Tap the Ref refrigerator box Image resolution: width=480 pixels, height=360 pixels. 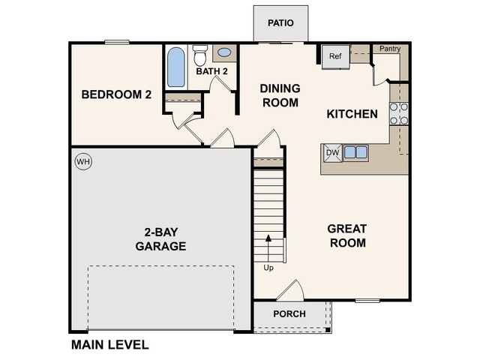tap(335, 56)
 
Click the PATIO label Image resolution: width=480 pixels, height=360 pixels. tap(280, 23)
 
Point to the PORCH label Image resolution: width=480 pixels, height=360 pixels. tap(289, 313)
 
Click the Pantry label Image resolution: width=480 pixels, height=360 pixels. tap(389, 49)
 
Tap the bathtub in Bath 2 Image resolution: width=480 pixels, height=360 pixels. tap(175, 68)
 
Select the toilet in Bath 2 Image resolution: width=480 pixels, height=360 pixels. tap(200, 56)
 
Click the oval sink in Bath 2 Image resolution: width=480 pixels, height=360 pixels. tap(224, 53)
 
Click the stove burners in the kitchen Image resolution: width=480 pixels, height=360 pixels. tap(399, 112)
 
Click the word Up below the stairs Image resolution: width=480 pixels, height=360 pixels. tap(268, 267)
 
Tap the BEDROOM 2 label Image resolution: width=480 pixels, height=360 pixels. tap(116, 94)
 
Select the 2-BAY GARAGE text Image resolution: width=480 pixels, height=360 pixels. tap(160, 239)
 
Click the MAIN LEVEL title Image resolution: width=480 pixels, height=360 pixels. tap(109, 345)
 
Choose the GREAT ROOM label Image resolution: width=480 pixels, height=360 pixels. tap(346, 235)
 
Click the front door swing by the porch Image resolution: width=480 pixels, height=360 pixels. tap(292, 291)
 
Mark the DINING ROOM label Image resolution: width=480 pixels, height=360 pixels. tap(280, 95)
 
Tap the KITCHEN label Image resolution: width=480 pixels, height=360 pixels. tap(352, 114)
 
